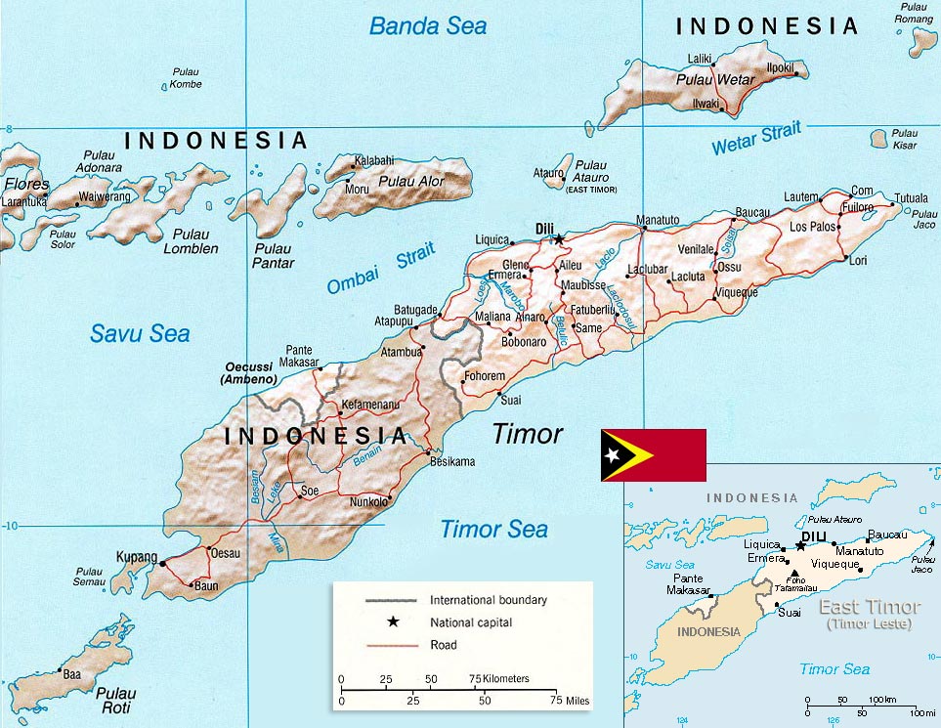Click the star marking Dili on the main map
(558, 237)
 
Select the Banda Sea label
(427, 25)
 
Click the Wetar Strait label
(755, 139)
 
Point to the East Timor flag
(653, 455)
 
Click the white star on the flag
(613, 455)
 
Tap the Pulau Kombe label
(186, 78)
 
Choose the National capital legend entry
(470, 621)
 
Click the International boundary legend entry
(488, 599)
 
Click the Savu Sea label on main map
(140, 333)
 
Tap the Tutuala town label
(911, 198)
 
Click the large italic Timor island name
(527, 434)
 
